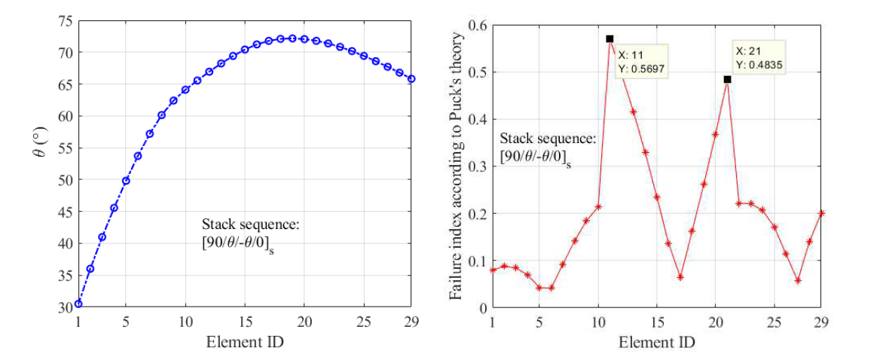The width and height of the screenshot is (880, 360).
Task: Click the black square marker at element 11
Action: (610, 38)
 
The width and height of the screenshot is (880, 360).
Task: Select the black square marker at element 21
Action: (727, 79)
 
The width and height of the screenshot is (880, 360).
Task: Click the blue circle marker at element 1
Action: (78, 304)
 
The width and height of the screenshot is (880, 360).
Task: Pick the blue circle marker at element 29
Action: (412, 78)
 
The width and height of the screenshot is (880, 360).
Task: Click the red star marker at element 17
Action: (680, 277)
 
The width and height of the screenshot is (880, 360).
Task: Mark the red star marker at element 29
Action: (821, 213)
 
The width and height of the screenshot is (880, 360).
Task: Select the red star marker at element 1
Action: (492, 270)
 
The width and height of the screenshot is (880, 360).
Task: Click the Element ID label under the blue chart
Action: (245, 341)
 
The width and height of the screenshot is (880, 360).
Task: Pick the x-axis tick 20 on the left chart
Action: (304, 322)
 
